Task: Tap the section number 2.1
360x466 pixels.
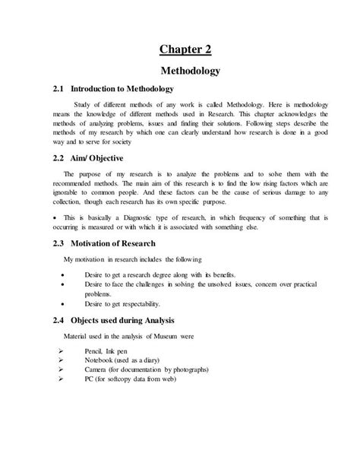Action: [62, 90]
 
